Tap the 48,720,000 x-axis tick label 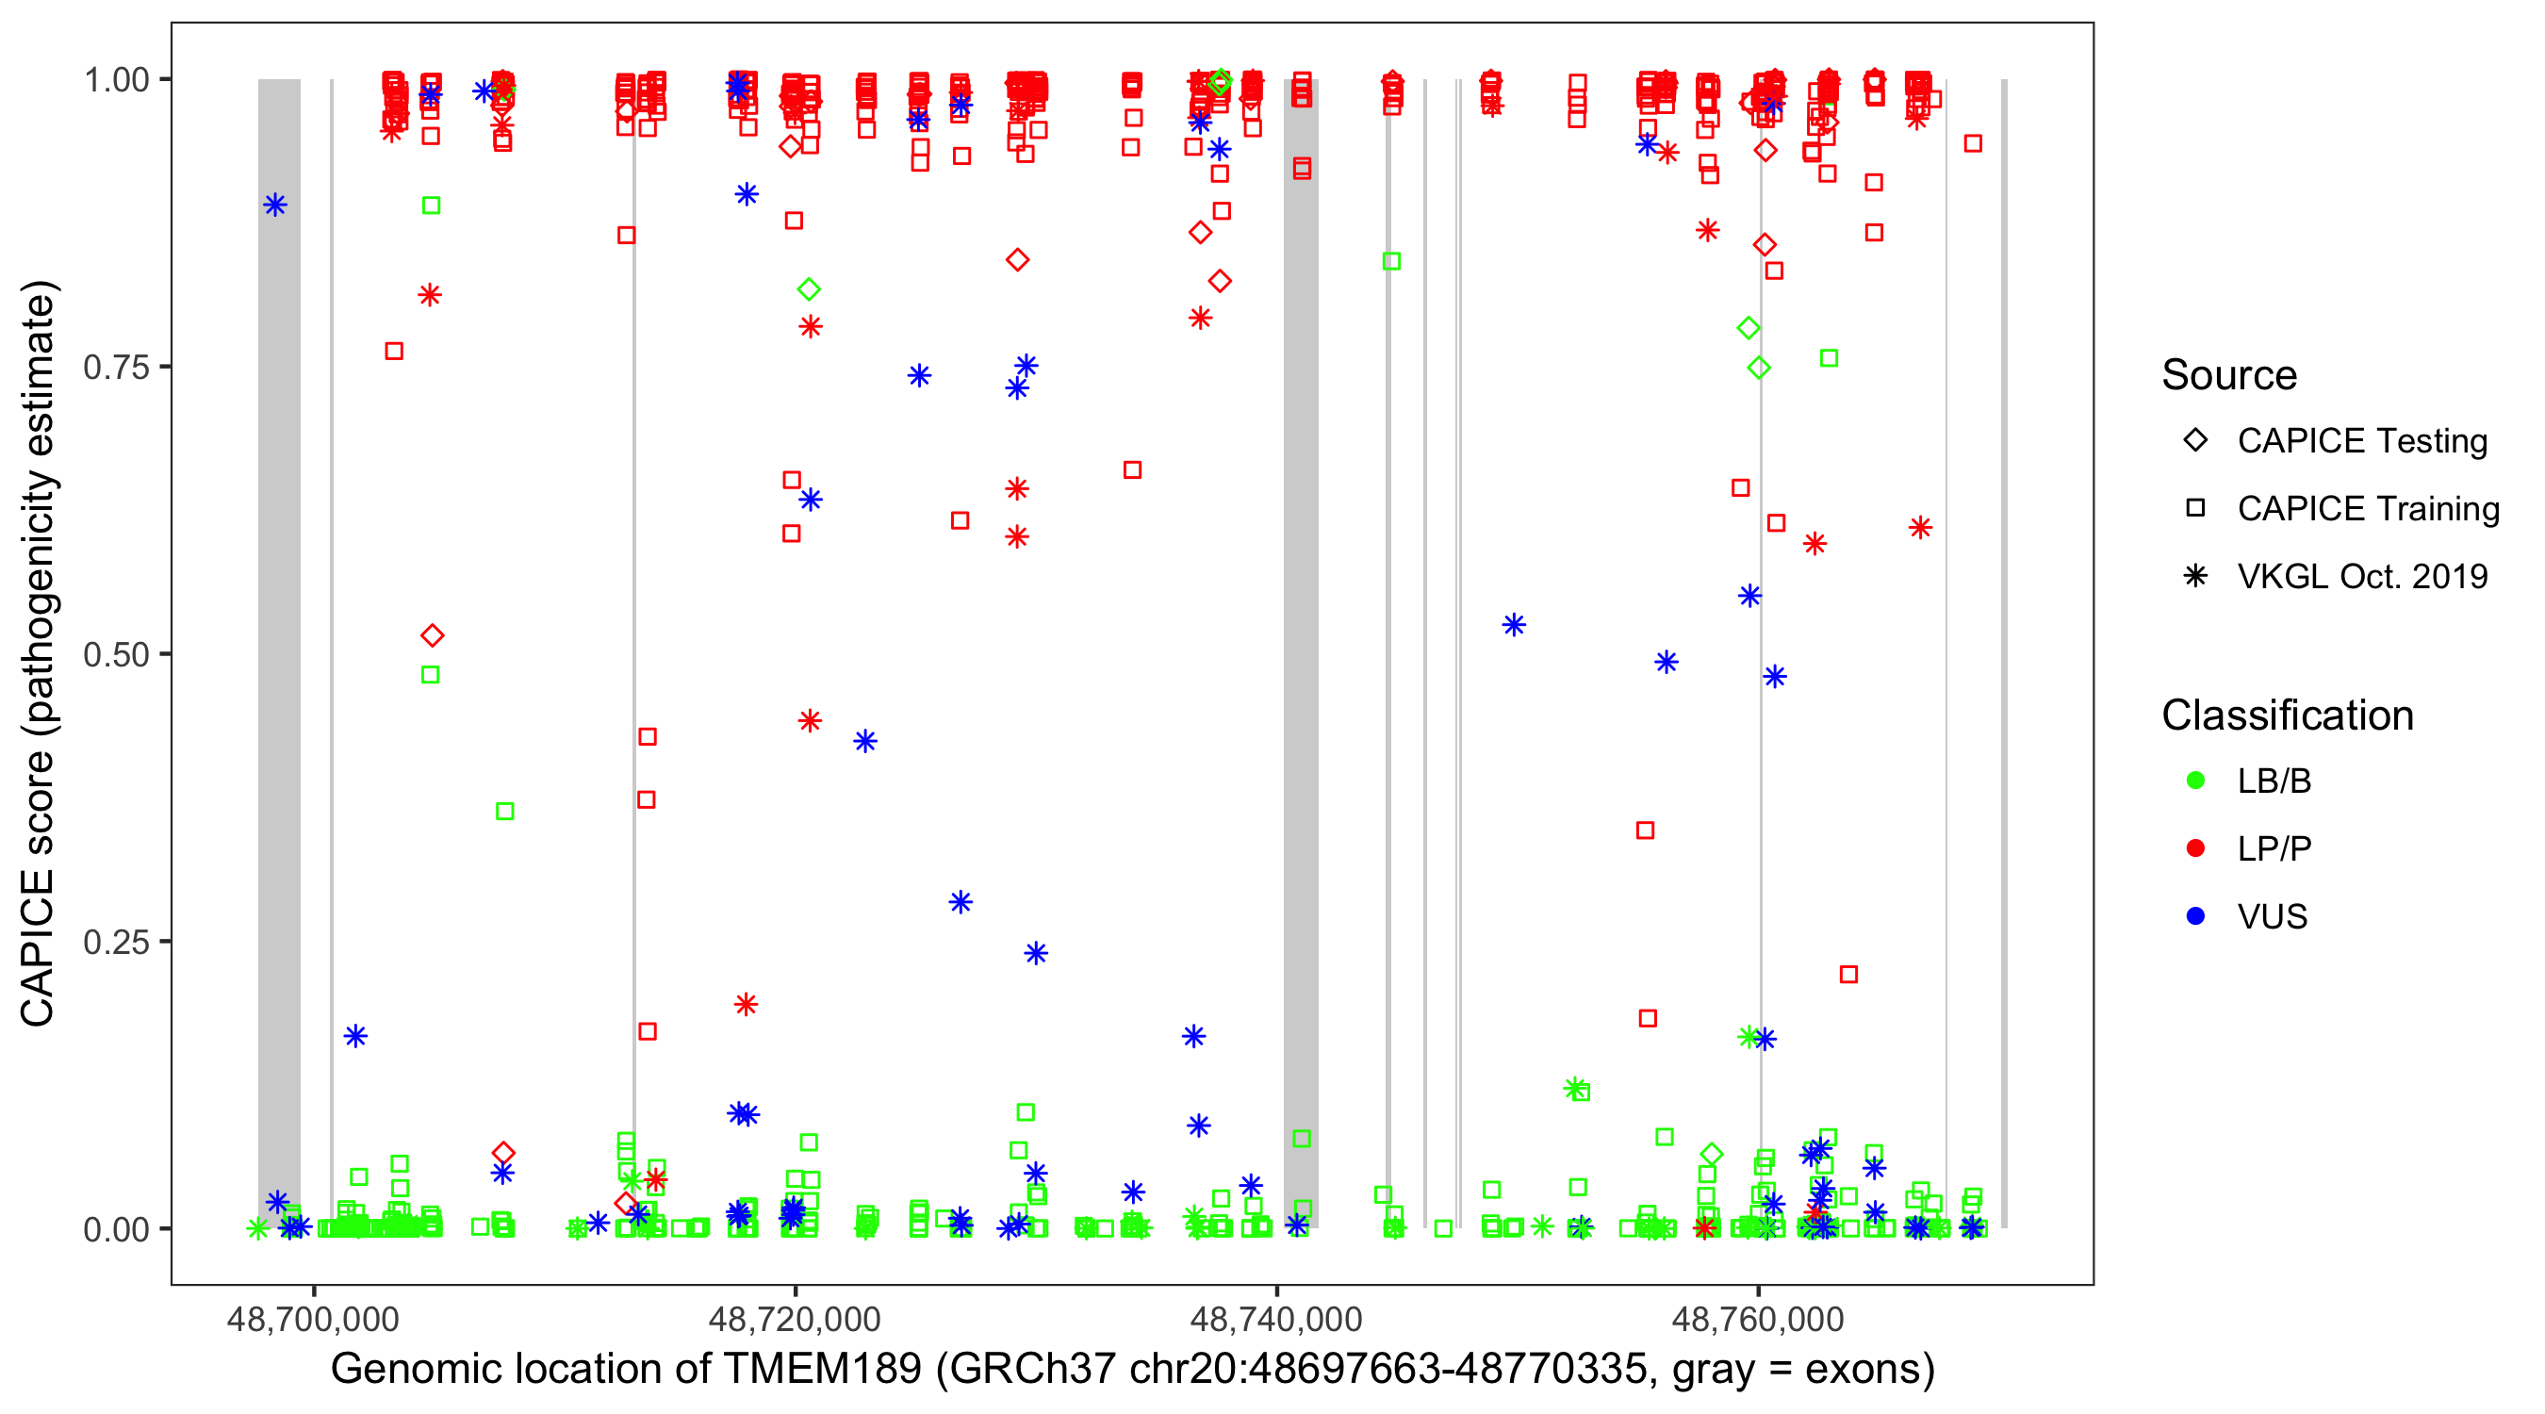click(x=795, y=1319)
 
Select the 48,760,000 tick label click(x=1758, y=1319)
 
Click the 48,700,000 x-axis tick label click(x=313, y=1319)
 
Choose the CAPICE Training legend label click(x=2367, y=509)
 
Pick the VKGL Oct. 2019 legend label click(x=2361, y=576)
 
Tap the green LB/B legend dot click(x=2195, y=781)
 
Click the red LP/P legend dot click(x=2195, y=848)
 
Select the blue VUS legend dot click(x=2195, y=916)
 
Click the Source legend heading click(x=2229, y=375)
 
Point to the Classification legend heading click(x=2287, y=715)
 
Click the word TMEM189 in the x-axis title click(x=822, y=1370)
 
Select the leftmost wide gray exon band click(x=280, y=652)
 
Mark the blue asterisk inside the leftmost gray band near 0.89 click(x=275, y=205)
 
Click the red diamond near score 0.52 click(x=432, y=635)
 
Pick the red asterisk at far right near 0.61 click(x=1920, y=528)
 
